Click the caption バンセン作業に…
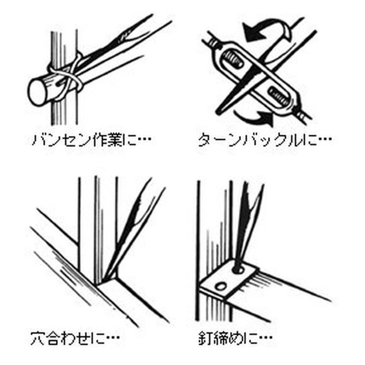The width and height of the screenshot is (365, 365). pos(91,140)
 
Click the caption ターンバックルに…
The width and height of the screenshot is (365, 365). pos(265,140)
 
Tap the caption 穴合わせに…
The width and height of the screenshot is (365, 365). pos(75,339)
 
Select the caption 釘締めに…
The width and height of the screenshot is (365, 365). pos(235,339)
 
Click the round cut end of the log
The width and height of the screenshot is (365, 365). pos(37,92)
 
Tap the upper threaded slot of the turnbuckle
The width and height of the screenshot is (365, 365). pos(233,60)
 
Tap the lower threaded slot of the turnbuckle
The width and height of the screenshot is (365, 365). pos(278,95)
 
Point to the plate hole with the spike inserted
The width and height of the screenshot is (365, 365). pos(238,270)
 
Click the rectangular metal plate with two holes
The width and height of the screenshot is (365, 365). pos(229,279)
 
